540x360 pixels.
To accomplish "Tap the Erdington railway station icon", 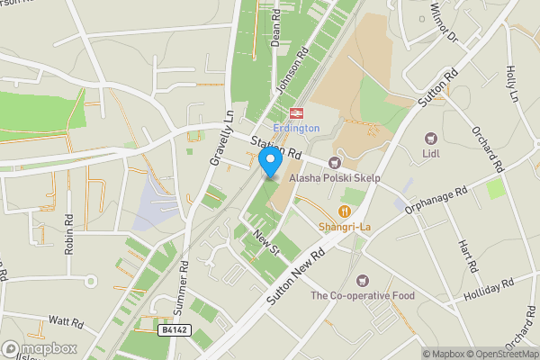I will coord(294,112).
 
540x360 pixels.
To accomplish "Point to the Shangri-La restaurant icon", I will coord(344,211).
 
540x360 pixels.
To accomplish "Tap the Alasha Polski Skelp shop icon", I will coord(335,163).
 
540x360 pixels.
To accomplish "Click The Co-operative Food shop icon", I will coord(363,281).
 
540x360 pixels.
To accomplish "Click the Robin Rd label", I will coord(68,234).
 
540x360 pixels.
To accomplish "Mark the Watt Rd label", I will coord(66,319).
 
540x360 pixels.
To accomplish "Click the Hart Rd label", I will coord(465,257).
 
